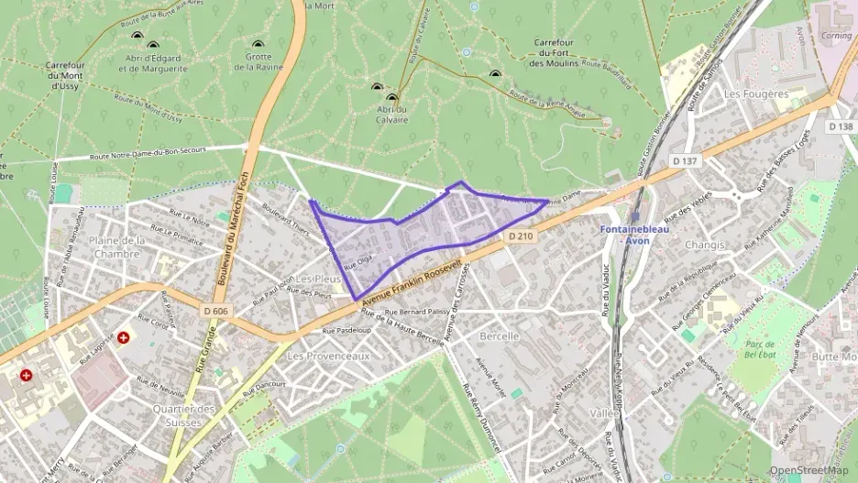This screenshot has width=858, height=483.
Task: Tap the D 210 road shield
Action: [x=520, y=236]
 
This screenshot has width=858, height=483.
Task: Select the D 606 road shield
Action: [x=216, y=312]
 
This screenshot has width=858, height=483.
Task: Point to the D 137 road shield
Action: [x=684, y=161]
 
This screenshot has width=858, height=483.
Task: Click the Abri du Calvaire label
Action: [x=391, y=113]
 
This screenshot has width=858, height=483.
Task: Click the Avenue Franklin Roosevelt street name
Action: [x=410, y=282]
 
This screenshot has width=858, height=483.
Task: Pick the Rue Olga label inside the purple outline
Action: [x=358, y=260]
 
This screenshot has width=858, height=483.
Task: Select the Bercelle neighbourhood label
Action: [x=500, y=336]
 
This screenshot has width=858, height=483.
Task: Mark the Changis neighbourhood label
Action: [x=704, y=245]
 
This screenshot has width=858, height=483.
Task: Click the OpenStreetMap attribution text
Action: [x=809, y=470]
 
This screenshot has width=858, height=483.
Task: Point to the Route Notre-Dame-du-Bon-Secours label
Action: [x=162, y=154]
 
